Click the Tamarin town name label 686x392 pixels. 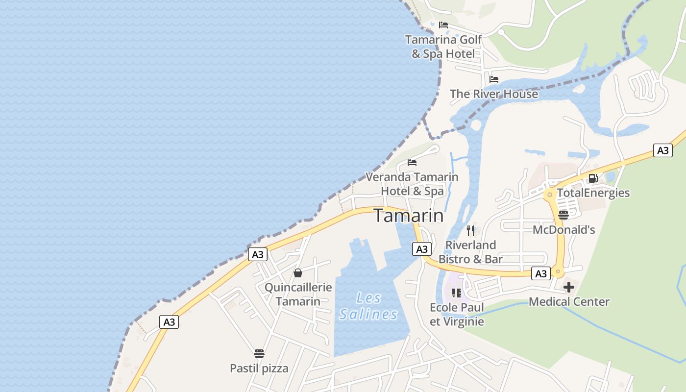coord(409,216)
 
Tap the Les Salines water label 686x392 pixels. coord(368,306)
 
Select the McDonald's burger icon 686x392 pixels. coord(563,215)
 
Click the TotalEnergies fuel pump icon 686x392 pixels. coord(593,178)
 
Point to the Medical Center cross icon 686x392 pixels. coord(568,287)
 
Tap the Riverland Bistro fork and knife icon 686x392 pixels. coord(470,230)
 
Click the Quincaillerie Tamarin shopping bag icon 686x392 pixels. coord(297,273)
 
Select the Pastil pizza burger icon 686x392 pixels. coord(259,354)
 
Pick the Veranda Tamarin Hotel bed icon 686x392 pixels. coord(412,163)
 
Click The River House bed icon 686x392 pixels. coord(494,79)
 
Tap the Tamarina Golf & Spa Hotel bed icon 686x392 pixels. coord(443,25)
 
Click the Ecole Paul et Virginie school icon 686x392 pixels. coord(457,293)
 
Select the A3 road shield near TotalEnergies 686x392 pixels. coord(662,150)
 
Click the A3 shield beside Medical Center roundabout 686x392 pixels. coord(541,273)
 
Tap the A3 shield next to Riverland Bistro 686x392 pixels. coord(422,249)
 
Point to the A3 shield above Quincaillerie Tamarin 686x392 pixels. coord(258,254)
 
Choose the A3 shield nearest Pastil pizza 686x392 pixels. coord(169,322)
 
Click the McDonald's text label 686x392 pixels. coord(563,229)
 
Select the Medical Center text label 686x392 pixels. coord(569,301)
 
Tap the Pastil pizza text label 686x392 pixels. coord(259,368)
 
